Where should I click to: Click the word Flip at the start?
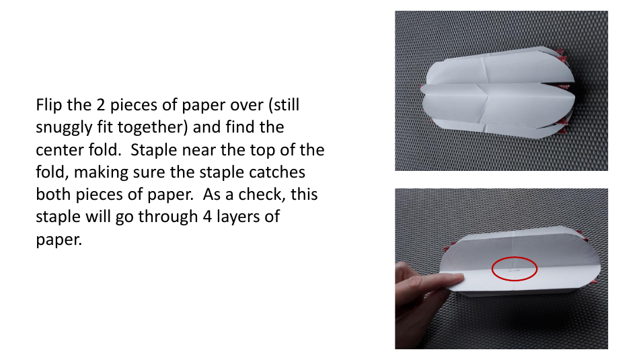coord(49,106)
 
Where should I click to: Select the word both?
coord(52,194)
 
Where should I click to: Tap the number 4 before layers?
coord(207,217)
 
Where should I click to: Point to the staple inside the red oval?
coord(515,269)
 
